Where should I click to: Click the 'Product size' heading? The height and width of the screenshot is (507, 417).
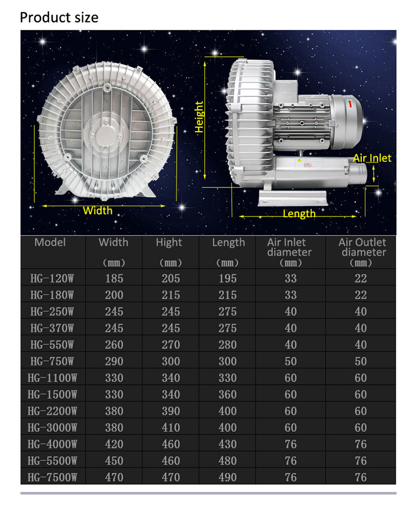[59, 18]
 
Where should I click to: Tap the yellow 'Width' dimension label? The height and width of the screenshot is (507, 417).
[98, 210]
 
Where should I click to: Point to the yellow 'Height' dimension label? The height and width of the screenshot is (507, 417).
[199, 117]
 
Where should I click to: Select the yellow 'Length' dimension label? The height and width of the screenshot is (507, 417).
[299, 214]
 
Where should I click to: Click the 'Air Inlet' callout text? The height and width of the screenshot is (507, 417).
[372, 158]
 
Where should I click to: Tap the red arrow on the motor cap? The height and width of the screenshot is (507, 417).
[350, 104]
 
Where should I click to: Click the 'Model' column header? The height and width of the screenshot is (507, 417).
[50, 242]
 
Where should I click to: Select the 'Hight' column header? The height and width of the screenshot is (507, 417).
[169, 242]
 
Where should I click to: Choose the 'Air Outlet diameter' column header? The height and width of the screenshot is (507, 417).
[362, 247]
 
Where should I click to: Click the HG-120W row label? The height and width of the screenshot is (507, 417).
[52, 278]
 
